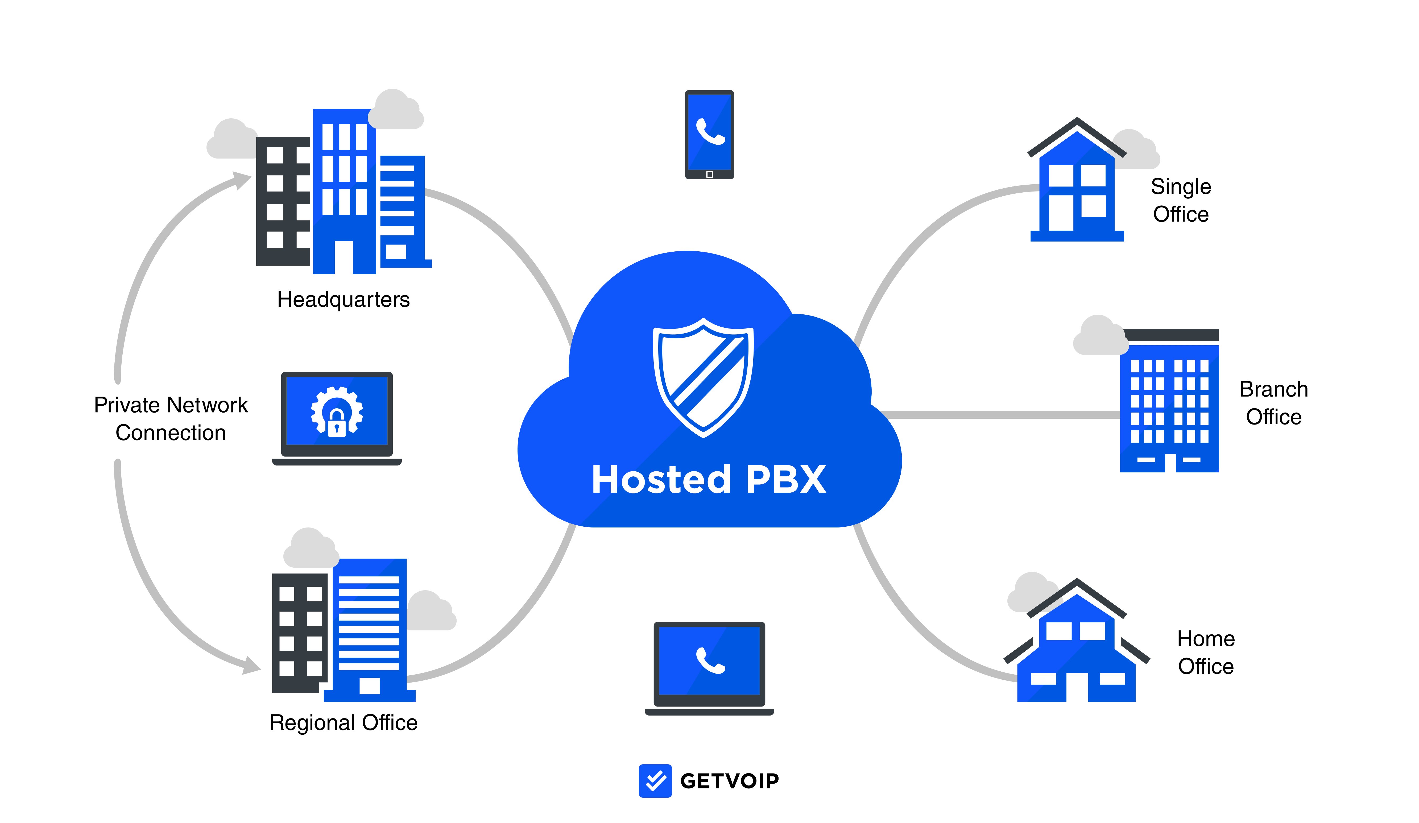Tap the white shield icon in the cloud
click(703, 377)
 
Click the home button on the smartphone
click(709, 174)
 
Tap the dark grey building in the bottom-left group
click(300, 636)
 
